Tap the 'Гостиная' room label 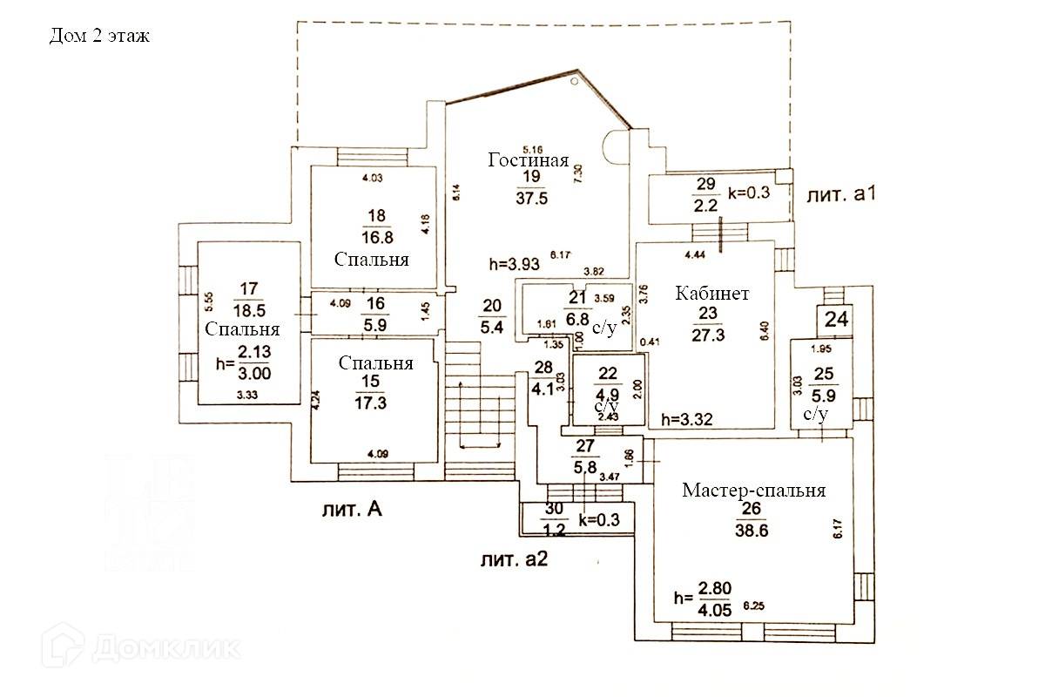click(x=529, y=160)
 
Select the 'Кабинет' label click(x=712, y=293)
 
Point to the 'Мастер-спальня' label click(x=753, y=491)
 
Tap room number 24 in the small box click(x=836, y=320)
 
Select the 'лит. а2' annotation click(x=514, y=559)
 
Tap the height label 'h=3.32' click(x=688, y=419)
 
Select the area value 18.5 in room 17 click(x=249, y=308)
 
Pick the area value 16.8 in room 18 click(x=377, y=238)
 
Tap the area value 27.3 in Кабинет click(x=712, y=334)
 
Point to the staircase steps click(x=477, y=401)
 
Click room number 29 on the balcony click(x=706, y=183)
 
